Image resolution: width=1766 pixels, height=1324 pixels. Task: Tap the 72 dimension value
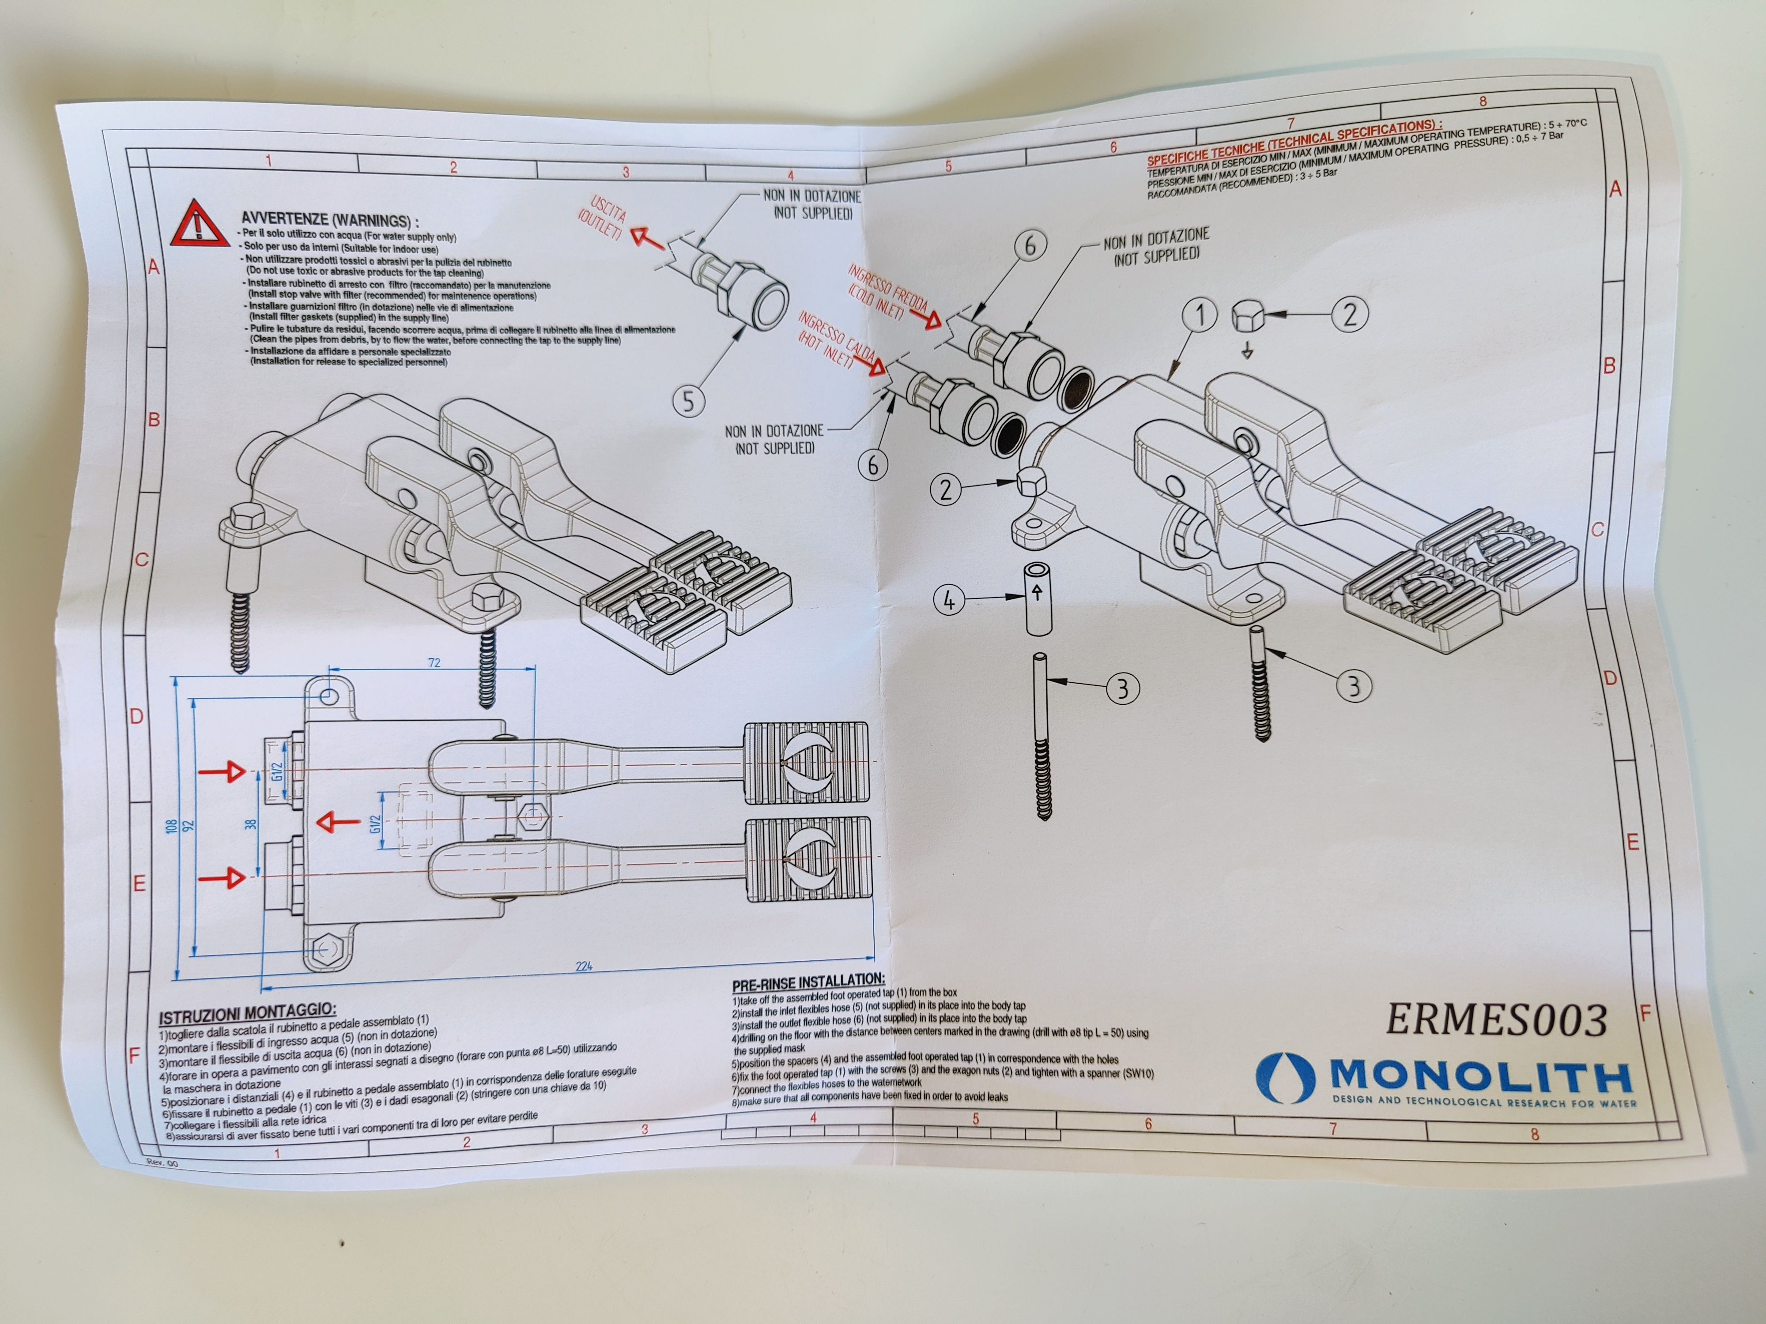point(434,662)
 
